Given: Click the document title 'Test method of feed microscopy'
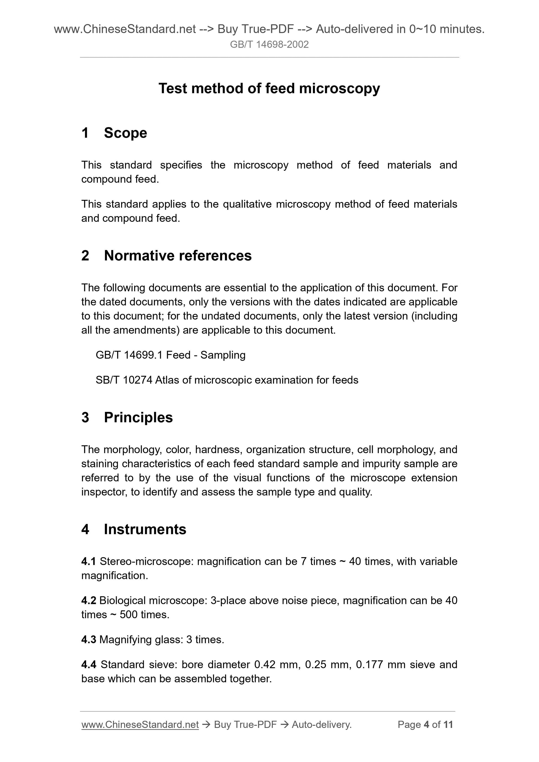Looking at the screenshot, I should pos(269,89).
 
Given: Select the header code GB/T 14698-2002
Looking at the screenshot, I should pos(269,45).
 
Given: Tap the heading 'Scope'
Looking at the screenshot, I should pos(125,133).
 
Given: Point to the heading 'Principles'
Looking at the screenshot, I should pos(138,417).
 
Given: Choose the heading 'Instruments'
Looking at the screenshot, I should pos(145,529).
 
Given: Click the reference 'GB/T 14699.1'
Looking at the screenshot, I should pos(129,355).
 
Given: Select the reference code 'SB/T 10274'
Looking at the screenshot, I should pos(124,380).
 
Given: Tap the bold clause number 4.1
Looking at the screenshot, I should pos(88,562).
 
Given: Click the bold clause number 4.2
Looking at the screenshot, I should pos(88,601).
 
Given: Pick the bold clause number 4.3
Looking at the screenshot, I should pos(88,640).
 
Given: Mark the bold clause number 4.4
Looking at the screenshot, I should pos(88,665).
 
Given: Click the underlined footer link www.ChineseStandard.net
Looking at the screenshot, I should pos(140,725).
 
